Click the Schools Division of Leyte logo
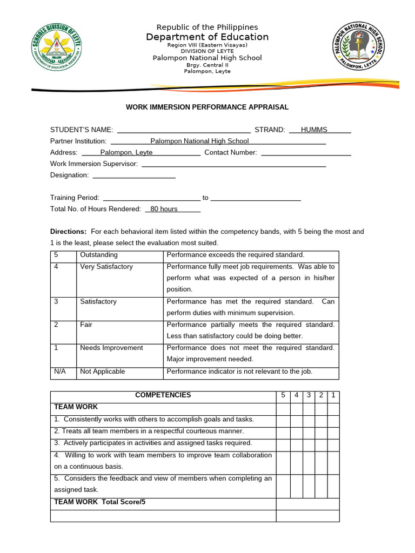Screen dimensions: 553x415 pos(58,50)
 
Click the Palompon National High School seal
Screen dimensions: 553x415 pos(358,50)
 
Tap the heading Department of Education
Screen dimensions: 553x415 pos(207,37)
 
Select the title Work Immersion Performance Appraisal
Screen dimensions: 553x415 pos(207,107)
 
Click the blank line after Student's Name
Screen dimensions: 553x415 pos(184,130)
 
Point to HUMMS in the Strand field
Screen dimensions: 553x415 pos(314,130)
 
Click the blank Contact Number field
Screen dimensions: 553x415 pos(306,152)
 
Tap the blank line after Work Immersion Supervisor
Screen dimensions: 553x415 pos(233,164)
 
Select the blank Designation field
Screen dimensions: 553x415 pos(134,175)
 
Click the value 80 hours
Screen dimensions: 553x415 pos(164,209)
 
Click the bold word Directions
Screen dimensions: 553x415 pos(68,231)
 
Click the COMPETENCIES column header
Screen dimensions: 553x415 pos(163,395)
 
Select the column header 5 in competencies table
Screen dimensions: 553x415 pos(283,395)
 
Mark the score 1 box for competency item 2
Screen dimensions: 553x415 pos(333,431)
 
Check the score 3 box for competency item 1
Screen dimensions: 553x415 pos(309,420)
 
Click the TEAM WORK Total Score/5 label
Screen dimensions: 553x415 pos(100,502)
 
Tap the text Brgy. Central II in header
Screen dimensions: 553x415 pos(207,65)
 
